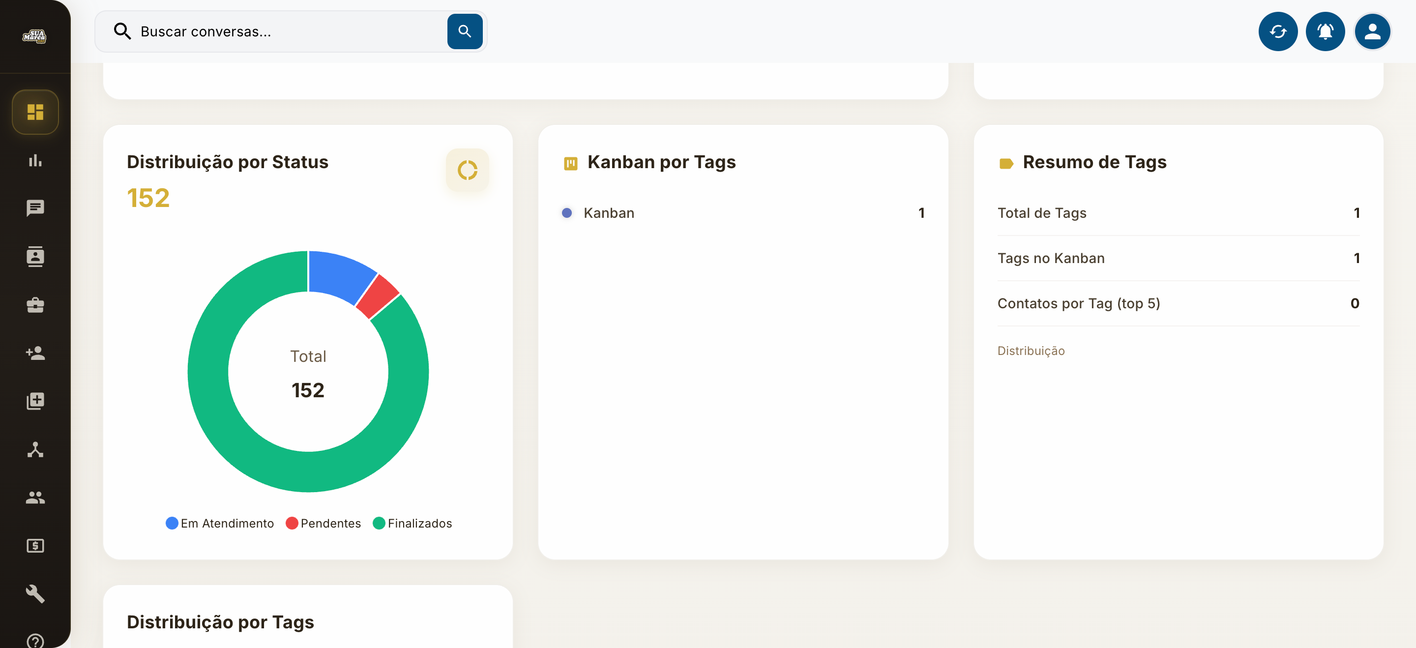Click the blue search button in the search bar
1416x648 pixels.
465,31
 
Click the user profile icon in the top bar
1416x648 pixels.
1372,31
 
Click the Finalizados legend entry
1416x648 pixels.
413,523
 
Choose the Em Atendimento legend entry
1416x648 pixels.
220,523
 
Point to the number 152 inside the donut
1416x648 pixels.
308,390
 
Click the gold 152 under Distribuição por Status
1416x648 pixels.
148,198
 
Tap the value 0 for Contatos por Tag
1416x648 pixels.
1355,303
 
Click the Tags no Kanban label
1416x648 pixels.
1051,258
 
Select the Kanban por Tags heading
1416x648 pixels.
661,162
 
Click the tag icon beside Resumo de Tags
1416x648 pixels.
1006,163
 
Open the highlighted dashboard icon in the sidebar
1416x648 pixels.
35,112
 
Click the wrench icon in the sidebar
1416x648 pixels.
35,593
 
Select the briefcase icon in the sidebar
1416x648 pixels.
35,305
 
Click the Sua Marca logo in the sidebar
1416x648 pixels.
34,36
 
